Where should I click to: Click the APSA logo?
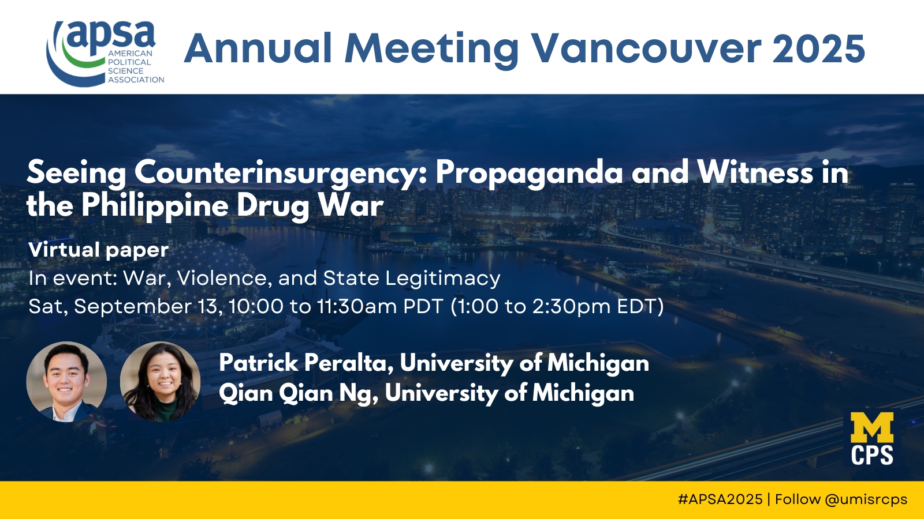(x=105, y=54)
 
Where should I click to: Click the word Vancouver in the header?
(x=646, y=48)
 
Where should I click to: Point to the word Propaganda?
(x=529, y=173)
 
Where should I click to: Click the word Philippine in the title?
(x=155, y=206)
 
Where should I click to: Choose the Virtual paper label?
(x=99, y=250)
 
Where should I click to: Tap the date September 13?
(x=146, y=306)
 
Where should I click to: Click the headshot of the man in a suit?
(x=66, y=381)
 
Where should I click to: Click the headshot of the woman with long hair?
(x=160, y=381)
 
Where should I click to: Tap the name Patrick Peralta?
(x=305, y=363)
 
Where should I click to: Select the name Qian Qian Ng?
(x=297, y=393)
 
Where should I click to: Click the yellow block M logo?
(x=872, y=427)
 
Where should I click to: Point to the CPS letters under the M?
(x=872, y=455)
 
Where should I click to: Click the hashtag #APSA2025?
(x=720, y=499)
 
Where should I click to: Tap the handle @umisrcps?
(x=866, y=500)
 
